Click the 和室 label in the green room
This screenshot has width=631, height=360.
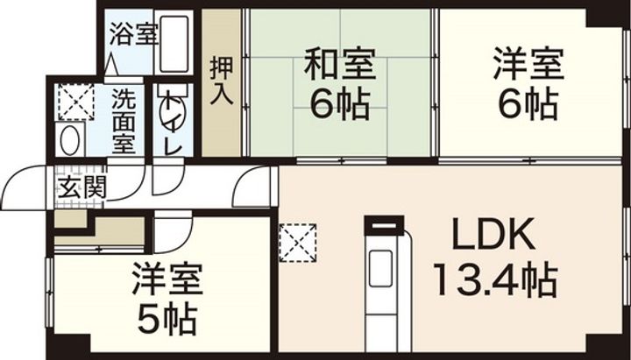pos(340,66)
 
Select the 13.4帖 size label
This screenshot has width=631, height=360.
pos(493,281)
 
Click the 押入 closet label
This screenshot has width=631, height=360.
pos(221,81)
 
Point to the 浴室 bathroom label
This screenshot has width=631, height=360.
pos(134,34)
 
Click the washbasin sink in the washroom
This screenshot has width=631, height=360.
pos(69,140)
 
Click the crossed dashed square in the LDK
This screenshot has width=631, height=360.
pos(299,242)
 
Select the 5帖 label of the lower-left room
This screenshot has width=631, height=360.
pos(168,319)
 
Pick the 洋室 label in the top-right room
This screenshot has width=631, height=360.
pos(528,66)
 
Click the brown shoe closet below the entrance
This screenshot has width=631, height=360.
pos(98,230)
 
